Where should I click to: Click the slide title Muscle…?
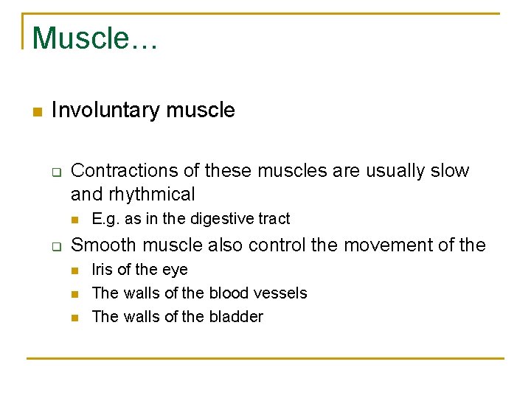(94, 38)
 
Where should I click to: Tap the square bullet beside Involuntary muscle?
(37, 112)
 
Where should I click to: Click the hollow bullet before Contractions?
(55, 172)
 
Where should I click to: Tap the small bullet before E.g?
(75, 220)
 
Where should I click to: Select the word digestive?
(221, 219)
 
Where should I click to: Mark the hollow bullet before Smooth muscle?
(55, 246)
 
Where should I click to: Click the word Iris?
(103, 270)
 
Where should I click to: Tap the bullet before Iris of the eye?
(75, 270)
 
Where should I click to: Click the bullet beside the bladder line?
(75, 318)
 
